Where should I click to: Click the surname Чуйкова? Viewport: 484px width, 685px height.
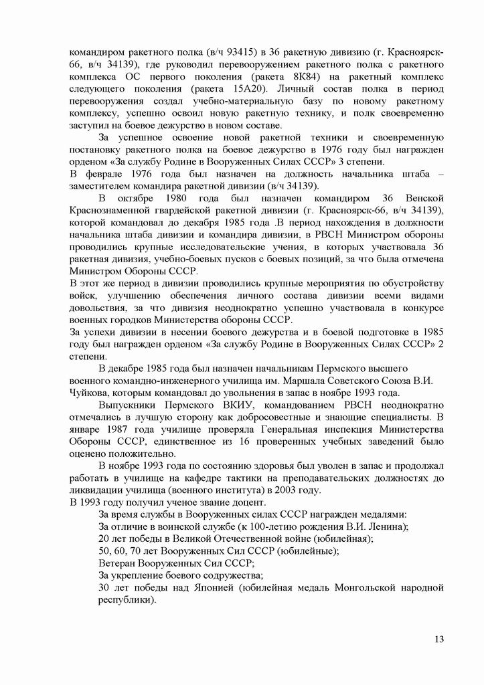point(91,393)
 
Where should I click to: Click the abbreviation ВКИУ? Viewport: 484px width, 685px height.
point(249,405)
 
